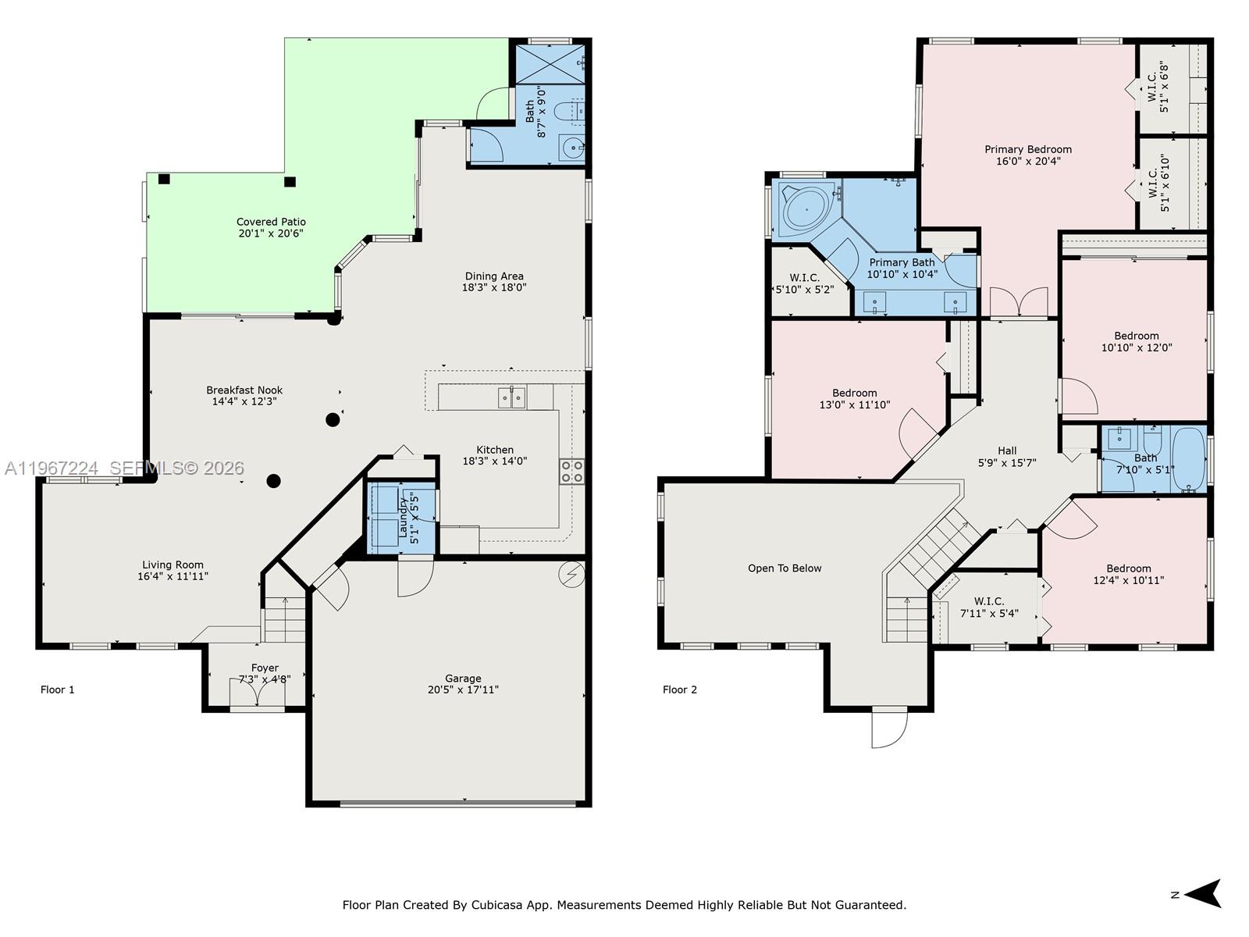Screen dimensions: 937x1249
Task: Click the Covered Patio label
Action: pyautogui.click(x=271, y=222)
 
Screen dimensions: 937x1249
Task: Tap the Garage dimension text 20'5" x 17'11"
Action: pyautogui.click(x=463, y=689)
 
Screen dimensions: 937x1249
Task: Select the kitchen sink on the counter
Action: pyautogui.click(x=512, y=398)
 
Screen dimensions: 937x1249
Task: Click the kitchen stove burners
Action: pyautogui.click(x=571, y=471)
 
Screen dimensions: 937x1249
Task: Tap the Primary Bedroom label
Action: pyautogui.click(x=1028, y=149)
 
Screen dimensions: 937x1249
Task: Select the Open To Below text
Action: pyautogui.click(x=785, y=568)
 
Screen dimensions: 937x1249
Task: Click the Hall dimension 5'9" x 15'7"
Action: pyautogui.click(x=1007, y=462)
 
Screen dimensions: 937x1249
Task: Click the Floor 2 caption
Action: pyautogui.click(x=679, y=689)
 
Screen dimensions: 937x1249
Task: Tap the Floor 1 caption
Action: pyautogui.click(x=57, y=689)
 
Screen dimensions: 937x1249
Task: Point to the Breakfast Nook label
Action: pyautogui.click(x=244, y=390)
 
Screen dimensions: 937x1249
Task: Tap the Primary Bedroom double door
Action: pyautogui.click(x=1019, y=303)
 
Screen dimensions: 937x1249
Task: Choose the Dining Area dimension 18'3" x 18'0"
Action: pyautogui.click(x=494, y=287)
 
